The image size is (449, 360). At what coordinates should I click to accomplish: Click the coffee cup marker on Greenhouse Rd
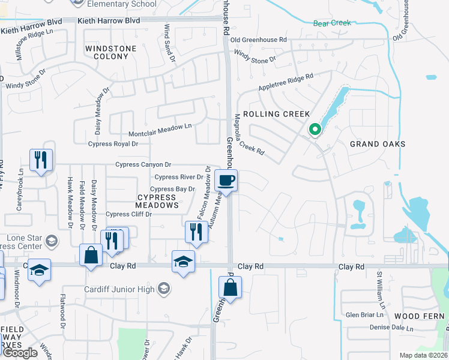226,180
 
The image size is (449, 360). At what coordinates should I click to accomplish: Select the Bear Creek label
331,23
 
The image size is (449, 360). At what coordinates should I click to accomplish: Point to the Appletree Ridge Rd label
286,83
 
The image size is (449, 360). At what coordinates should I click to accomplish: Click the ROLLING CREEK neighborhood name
277,114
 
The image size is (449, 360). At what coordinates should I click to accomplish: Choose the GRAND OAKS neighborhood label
378,144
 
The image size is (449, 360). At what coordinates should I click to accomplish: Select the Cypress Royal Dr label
113,144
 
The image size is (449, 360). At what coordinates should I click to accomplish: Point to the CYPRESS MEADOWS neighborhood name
158,201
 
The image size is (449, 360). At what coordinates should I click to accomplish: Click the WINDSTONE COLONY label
107,52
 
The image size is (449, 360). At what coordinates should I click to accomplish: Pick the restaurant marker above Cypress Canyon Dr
41,160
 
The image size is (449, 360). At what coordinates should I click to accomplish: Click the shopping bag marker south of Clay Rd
231,287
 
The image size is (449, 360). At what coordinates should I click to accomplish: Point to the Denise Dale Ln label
392,328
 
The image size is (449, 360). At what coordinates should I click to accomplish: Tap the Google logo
19,353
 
